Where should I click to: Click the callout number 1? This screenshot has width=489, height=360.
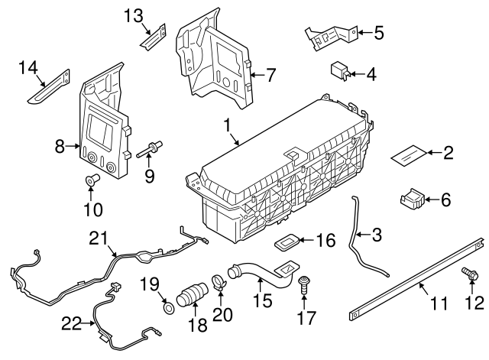coord(226,124)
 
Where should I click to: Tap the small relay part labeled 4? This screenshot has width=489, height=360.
coord(340,70)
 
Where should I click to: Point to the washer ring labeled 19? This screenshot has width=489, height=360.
coord(165,310)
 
